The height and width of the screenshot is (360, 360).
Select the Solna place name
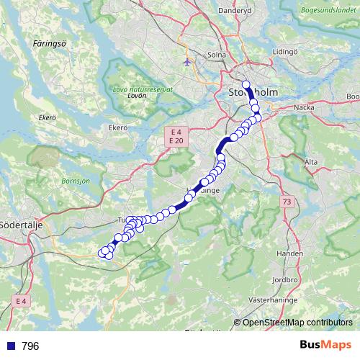216,55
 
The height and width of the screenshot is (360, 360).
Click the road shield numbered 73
287,203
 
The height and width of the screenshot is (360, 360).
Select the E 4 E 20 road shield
176,136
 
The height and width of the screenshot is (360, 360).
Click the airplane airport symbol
188,62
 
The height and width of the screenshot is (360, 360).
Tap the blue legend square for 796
10,346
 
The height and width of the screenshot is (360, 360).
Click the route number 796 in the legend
30,346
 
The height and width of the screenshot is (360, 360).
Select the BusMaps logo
325,345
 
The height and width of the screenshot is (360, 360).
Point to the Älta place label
311,162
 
